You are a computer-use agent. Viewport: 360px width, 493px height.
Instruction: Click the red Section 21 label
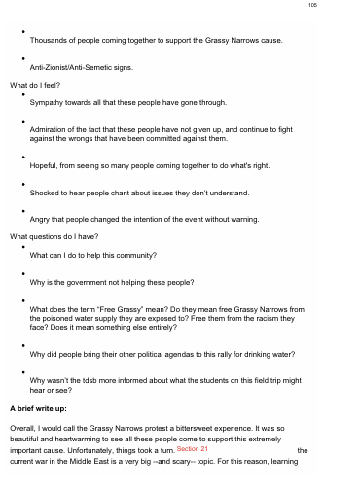point(194,448)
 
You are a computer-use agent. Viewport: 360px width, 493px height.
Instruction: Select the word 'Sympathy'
point(49,101)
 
